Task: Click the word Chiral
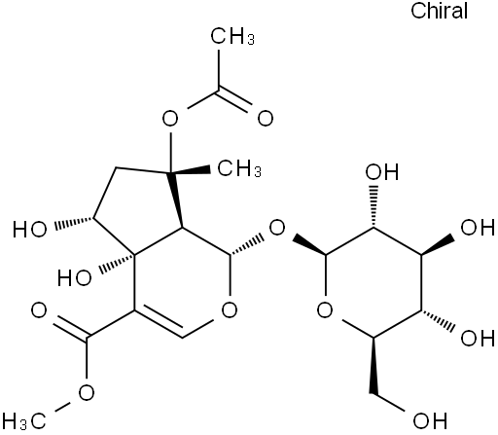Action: pos(439,11)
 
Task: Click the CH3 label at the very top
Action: pos(232,36)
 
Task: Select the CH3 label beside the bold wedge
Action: pos(239,168)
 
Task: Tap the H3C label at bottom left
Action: pos(24,421)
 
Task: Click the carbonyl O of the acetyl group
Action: pos(266,118)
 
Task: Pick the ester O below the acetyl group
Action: pos(170,118)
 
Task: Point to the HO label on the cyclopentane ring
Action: pos(30,229)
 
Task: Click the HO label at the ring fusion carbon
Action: pos(75,278)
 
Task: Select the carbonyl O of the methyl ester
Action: pos(39,310)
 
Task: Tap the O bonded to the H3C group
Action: pos(87,393)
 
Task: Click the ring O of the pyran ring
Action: pos(230,310)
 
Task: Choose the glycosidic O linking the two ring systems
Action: pos(277,228)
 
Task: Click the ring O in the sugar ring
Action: pos(325,310)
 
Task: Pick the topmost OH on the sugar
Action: pos(382,172)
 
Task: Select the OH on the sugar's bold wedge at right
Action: pos(478,227)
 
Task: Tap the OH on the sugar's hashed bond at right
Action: pos(478,338)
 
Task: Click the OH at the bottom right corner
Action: pos(430,420)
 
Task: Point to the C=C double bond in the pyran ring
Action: pos(159,325)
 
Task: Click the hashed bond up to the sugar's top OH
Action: pos(373,206)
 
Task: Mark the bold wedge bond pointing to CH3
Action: pos(191,171)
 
